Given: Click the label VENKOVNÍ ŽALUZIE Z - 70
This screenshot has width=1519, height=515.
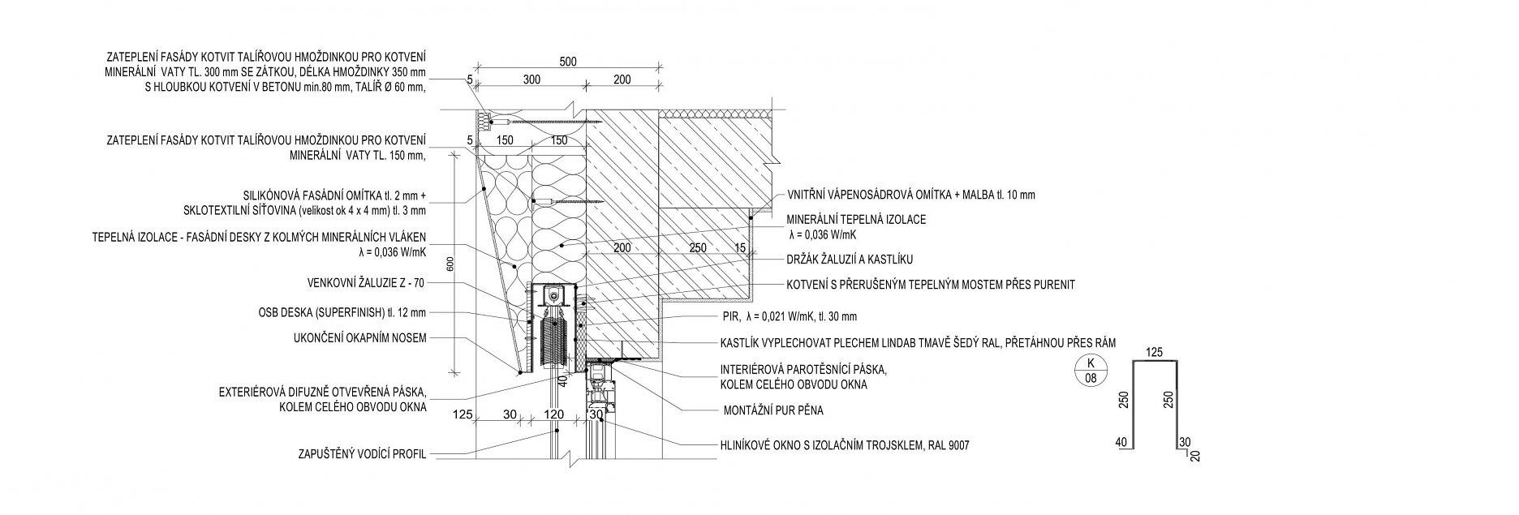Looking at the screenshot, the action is (365, 283).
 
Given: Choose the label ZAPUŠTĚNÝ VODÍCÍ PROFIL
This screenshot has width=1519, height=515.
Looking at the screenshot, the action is (363, 454).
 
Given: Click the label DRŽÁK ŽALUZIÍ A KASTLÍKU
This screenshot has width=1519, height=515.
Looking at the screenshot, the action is (850, 260).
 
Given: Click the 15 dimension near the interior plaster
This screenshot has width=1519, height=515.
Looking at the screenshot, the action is (739, 247).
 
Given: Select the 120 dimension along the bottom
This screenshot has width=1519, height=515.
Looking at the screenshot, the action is (553, 414).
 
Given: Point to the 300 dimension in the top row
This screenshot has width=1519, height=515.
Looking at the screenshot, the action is (531, 79).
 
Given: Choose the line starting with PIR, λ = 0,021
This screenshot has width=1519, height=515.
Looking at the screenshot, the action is (789, 316).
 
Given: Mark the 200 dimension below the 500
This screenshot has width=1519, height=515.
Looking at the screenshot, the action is (622, 79).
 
